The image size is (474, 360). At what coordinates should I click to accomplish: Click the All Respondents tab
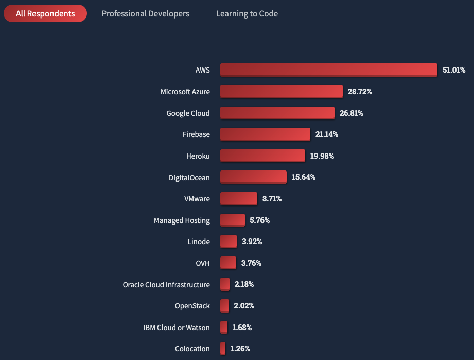tap(45, 14)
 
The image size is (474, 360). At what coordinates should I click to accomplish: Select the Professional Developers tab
tap(146, 14)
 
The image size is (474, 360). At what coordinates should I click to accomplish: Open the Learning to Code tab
tap(247, 14)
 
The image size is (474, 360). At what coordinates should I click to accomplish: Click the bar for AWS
tap(328, 70)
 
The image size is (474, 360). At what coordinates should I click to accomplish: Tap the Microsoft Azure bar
tap(281, 91)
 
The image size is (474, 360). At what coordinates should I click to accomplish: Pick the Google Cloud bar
tap(277, 113)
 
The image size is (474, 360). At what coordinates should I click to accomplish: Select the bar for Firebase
tap(265, 134)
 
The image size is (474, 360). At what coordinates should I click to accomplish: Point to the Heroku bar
tap(262, 156)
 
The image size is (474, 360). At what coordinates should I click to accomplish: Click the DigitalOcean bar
tap(253, 177)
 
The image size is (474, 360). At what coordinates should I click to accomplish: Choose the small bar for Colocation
tap(223, 348)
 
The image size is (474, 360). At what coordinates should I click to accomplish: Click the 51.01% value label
tap(453, 70)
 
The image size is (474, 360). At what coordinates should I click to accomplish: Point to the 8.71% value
tap(272, 198)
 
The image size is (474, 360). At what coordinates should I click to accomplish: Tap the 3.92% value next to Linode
tap(252, 242)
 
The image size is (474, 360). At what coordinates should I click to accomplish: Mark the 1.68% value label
tap(242, 327)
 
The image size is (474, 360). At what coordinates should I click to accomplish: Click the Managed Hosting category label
tap(182, 220)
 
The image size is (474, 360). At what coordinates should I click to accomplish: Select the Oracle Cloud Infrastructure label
tap(166, 284)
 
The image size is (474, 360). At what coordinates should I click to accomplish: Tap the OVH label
tap(202, 263)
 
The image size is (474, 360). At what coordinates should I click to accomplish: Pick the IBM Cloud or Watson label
tap(177, 327)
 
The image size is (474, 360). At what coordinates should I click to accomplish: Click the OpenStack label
tap(192, 306)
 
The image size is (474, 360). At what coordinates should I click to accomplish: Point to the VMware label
tap(197, 199)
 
